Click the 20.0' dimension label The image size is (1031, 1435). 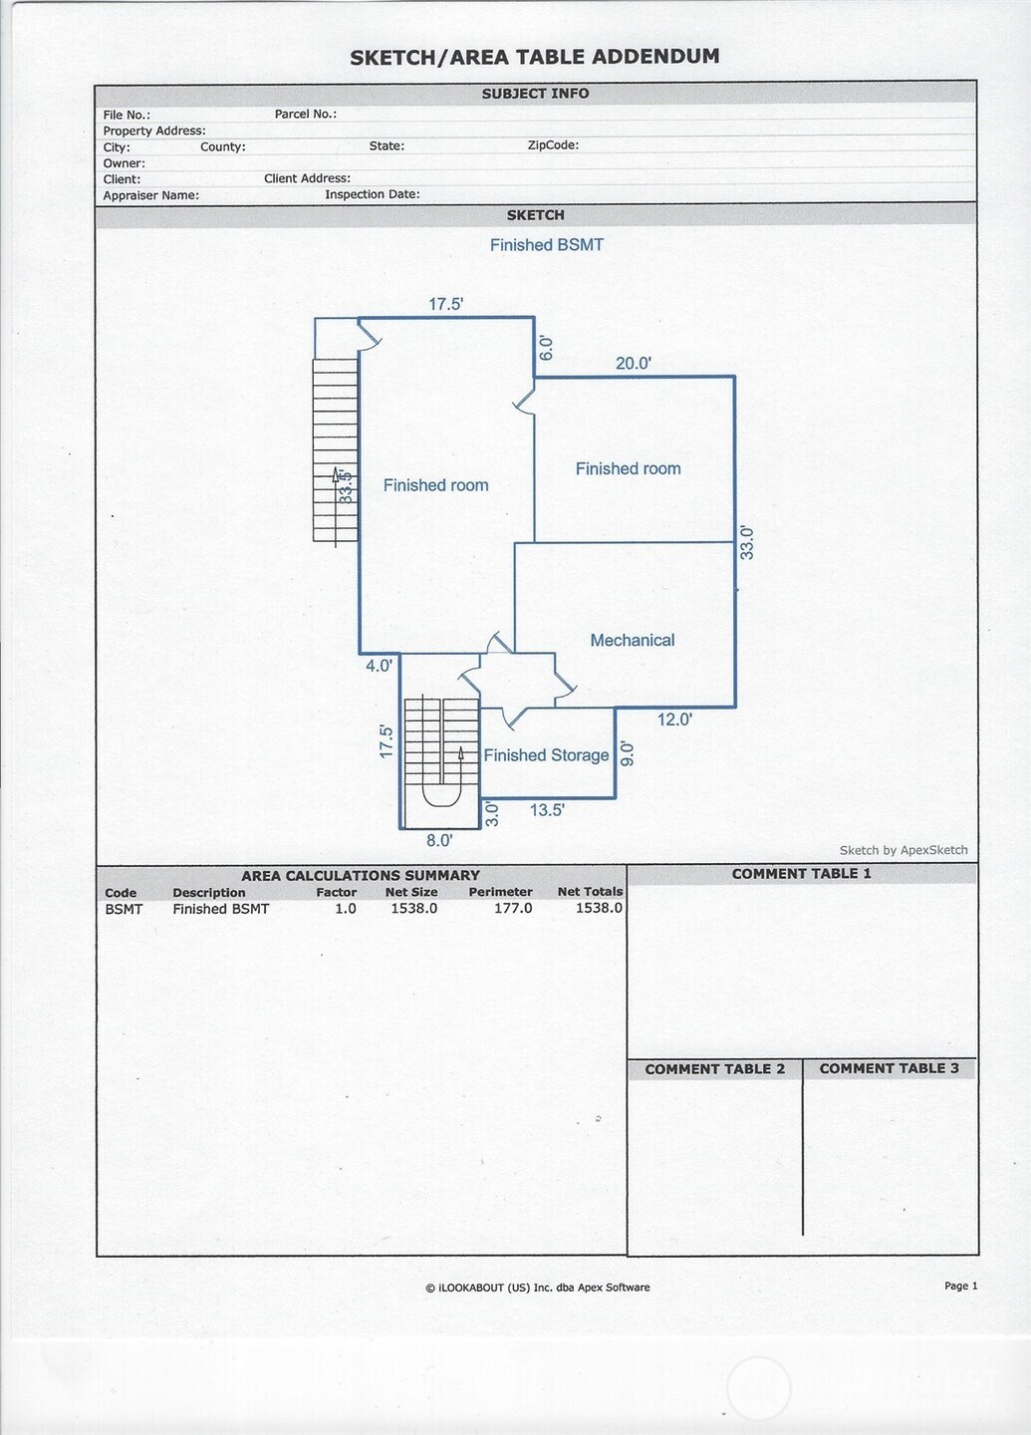click(633, 364)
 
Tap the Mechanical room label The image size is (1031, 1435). click(632, 640)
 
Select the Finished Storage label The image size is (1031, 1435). click(546, 755)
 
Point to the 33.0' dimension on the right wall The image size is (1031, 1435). click(747, 543)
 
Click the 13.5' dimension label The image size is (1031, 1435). click(547, 810)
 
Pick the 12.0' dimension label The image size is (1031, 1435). click(674, 719)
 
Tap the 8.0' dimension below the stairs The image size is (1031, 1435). click(439, 841)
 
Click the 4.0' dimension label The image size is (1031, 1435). click(379, 666)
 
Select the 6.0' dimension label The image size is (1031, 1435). click(546, 348)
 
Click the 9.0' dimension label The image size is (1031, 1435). click(628, 753)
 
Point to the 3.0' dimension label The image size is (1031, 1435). click(492, 815)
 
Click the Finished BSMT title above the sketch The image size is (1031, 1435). click(546, 245)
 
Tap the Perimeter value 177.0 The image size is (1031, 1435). click(513, 909)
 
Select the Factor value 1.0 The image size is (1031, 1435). click(345, 909)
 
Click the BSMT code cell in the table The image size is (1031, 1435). click(124, 909)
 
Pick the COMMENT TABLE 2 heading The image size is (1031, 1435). click(714, 1069)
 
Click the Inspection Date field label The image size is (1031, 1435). click(372, 194)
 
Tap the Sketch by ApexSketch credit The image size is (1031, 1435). click(903, 850)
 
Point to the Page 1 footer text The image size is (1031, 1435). click(960, 1287)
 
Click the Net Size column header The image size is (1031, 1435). click(410, 893)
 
